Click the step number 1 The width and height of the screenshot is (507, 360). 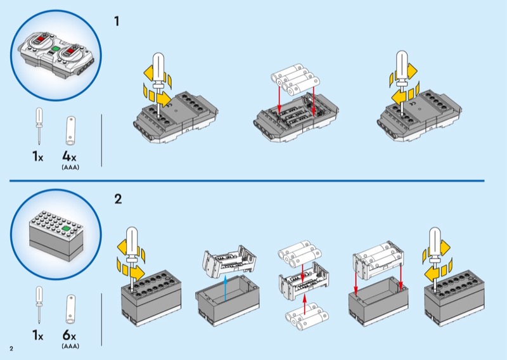pyautogui.click(x=117, y=22)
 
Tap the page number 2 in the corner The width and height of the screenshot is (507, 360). pyautogui.click(x=11, y=349)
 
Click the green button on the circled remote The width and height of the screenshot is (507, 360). pyautogui.click(x=56, y=48)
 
